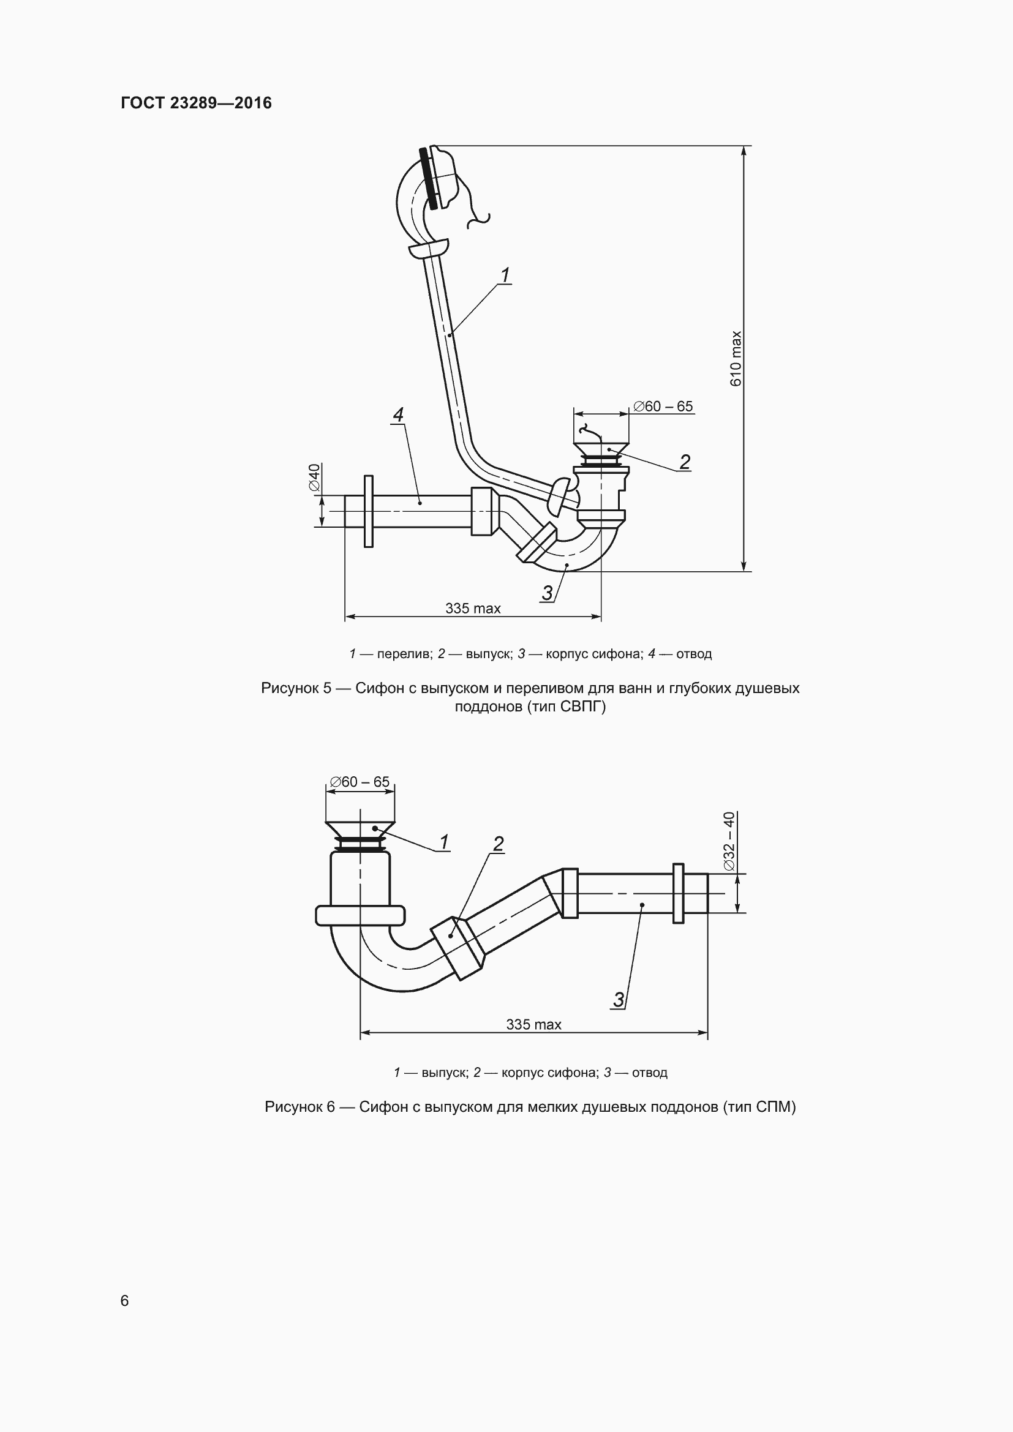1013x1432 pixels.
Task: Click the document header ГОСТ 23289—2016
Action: coord(197,103)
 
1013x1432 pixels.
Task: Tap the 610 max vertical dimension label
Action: coord(736,359)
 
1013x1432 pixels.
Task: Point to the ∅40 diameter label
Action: coord(314,477)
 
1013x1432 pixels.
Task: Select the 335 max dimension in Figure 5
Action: coord(473,608)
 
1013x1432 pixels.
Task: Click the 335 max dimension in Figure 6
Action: coord(533,1024)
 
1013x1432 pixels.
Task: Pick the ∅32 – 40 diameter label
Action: coord(729,841)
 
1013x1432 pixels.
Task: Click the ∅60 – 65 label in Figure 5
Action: coord(663,406)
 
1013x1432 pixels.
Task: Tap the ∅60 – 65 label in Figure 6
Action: coord(360,781)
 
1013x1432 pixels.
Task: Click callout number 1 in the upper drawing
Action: coord(505,274)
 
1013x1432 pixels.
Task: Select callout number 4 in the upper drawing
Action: coord(398,414)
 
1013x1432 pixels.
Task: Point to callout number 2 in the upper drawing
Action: coord(685,462)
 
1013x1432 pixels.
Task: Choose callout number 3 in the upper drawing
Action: coord(547,593)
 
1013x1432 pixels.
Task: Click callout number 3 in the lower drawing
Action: coord(618,999)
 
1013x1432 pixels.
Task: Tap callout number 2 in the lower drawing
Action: coord(499,844)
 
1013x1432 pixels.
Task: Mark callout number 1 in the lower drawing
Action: coord(444,842)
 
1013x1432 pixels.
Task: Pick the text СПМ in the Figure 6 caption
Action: coord(773,1107)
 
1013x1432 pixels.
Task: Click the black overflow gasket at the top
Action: coord(429,178)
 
